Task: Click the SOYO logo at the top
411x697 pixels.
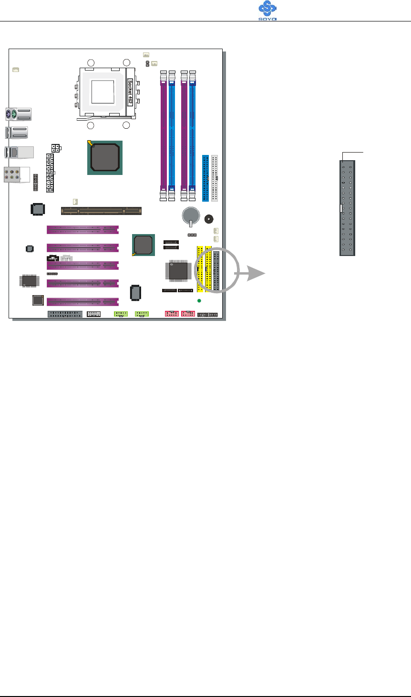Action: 267,10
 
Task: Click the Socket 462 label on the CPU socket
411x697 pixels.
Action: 130,92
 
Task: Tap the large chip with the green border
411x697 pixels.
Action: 105,157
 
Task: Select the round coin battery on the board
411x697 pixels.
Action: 191,215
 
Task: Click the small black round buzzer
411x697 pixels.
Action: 208,219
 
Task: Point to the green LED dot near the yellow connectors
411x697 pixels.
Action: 199,301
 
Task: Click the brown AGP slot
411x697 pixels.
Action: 101,210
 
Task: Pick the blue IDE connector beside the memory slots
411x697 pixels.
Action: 205,178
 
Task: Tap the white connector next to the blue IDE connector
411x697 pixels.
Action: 215,178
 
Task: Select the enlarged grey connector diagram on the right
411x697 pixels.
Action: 347,208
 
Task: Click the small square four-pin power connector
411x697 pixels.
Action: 55,148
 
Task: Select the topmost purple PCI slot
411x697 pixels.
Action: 82,230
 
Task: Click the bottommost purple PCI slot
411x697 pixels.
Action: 82,302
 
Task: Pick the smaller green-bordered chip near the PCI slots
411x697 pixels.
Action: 144,245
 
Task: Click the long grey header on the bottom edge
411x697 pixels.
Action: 65,314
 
